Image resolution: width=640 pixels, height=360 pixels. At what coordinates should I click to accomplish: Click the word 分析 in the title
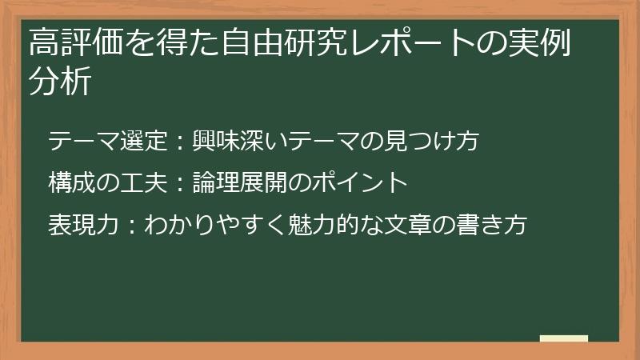tap(60, 81)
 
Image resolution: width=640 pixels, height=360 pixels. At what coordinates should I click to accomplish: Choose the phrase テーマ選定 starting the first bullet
tap(108, 141)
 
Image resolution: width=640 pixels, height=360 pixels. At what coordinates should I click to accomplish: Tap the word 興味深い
tap(241, 141)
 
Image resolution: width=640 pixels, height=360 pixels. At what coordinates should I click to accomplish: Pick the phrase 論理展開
tap(241, 182)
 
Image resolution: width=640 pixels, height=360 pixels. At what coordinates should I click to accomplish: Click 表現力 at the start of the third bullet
tap(84, 225)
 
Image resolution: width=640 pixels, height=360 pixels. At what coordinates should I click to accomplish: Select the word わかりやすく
tap(214, 225)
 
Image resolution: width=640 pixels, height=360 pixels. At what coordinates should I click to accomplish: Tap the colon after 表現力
tap(131, 226)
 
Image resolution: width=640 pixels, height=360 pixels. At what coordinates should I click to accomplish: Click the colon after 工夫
tap(180, 184)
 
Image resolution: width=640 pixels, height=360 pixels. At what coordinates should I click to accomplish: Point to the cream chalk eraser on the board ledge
tap(564, 338)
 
